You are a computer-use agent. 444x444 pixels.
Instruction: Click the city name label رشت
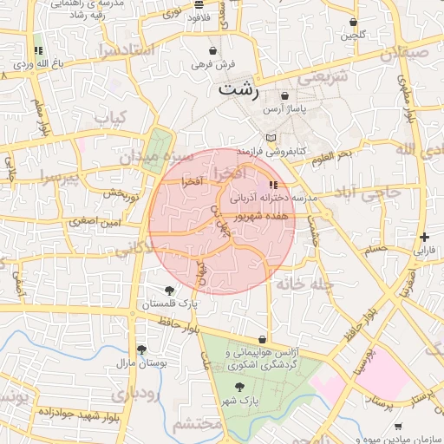[239, 88]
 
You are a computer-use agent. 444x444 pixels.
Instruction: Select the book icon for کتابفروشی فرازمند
[271, 138]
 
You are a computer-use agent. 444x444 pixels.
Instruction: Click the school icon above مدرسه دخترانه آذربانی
[274, 185]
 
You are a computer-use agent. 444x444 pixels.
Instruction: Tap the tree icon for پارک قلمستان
[169, 291]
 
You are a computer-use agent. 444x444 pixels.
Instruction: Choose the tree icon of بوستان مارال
[141, 349]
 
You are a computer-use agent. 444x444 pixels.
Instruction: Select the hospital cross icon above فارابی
[423, 237]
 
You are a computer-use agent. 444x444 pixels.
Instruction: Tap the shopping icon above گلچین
[353, 23]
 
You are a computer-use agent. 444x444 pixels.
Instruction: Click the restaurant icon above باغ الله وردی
[37, 51]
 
